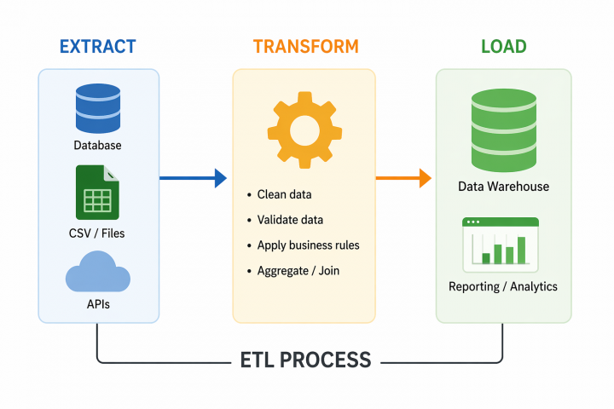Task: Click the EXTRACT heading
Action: (98, 46)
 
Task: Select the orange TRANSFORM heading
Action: (305, 46)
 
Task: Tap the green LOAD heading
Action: (503, 46)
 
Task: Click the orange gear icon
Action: (304, 130)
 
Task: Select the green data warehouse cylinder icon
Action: (503, 132)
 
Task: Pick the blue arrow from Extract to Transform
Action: (194, 178)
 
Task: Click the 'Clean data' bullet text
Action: (284, 194)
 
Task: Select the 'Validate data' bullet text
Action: (290, 220)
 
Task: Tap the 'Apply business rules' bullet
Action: (308, 245)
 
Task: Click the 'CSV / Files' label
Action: (97, 233)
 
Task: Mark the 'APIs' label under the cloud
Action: (97, 303)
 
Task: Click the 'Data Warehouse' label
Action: (503, 187)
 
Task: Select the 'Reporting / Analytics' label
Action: (503, 286)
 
